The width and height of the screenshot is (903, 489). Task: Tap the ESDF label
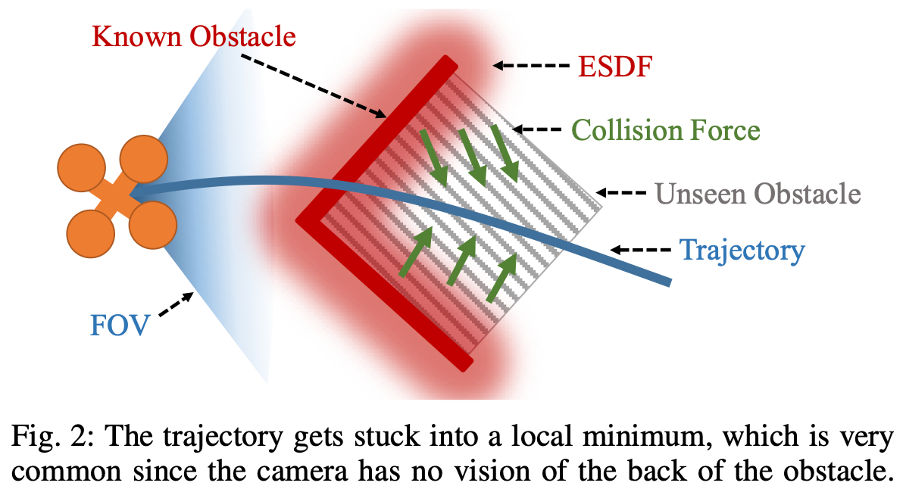(614, 67)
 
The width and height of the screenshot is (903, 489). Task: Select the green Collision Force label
(665, 130)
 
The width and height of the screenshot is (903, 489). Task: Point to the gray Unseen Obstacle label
(758, 195)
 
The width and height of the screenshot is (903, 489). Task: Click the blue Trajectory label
(741, 250)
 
